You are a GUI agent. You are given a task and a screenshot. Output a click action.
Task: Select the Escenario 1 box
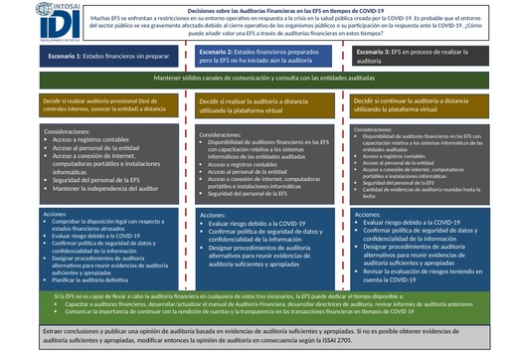coord(97,59)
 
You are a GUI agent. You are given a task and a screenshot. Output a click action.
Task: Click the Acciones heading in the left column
coord(61,213)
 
